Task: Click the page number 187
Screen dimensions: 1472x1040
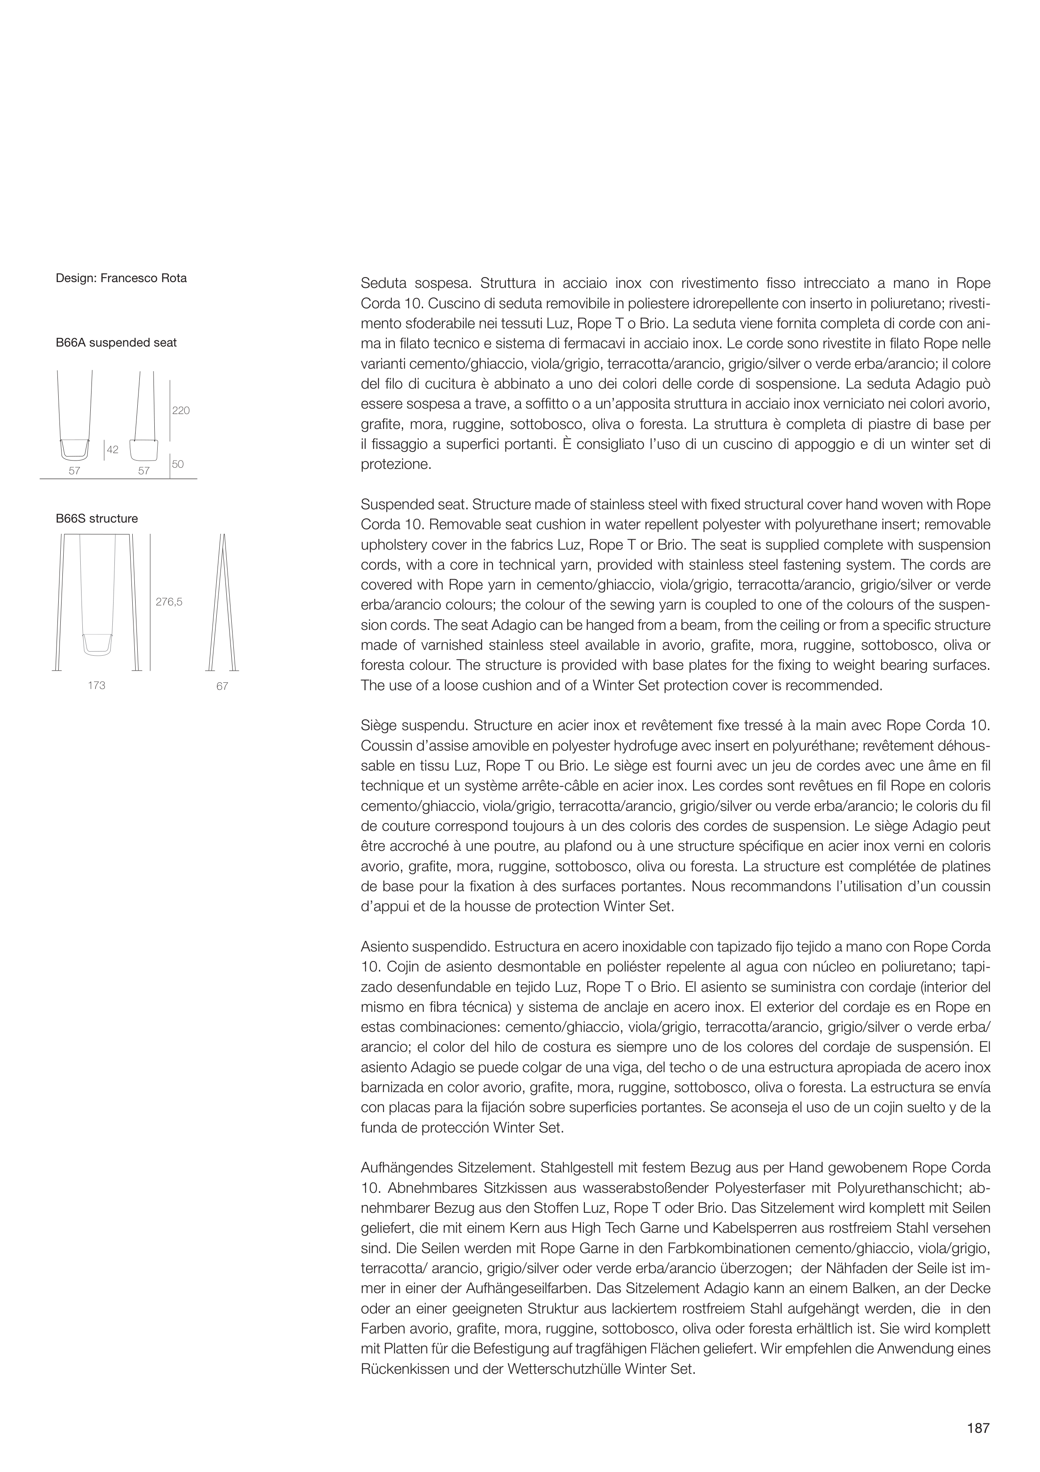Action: pos(978,1428)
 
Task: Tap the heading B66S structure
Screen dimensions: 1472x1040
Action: pos(97,519)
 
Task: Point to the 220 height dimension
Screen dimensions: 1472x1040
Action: pos(181,411)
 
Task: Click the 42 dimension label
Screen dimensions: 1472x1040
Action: pos(113,450)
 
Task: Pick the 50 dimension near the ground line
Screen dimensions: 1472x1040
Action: pos(178,464)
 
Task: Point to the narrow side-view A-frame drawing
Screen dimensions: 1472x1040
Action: pos(223,602)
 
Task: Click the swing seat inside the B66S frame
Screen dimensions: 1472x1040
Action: pos(99,643)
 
